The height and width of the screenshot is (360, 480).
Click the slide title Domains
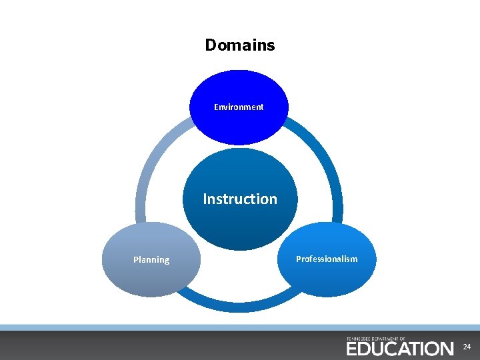(x=239, y=45)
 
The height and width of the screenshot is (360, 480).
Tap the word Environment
(x=239, y=107)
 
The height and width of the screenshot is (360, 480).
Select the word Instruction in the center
(x=240, y=199)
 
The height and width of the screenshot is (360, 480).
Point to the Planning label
(x=151, y=260)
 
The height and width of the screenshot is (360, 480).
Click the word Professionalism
(x=327, y=259)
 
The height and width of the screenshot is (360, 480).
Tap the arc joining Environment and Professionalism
(x=327, y=160)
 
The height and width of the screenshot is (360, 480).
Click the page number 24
(x=467, y=347)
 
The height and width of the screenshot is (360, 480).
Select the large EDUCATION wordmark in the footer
(x=399, y=349)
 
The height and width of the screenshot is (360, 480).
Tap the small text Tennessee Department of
(x=376, y=339)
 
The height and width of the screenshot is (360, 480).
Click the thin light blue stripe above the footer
(x=240, y=327)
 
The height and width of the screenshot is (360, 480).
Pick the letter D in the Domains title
(x=211, y=45)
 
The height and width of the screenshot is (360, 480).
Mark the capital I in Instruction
(x=205, y=199)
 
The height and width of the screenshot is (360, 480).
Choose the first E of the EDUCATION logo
(x=351, y=349)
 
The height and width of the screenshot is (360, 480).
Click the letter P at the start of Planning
(x=136, y=260)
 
